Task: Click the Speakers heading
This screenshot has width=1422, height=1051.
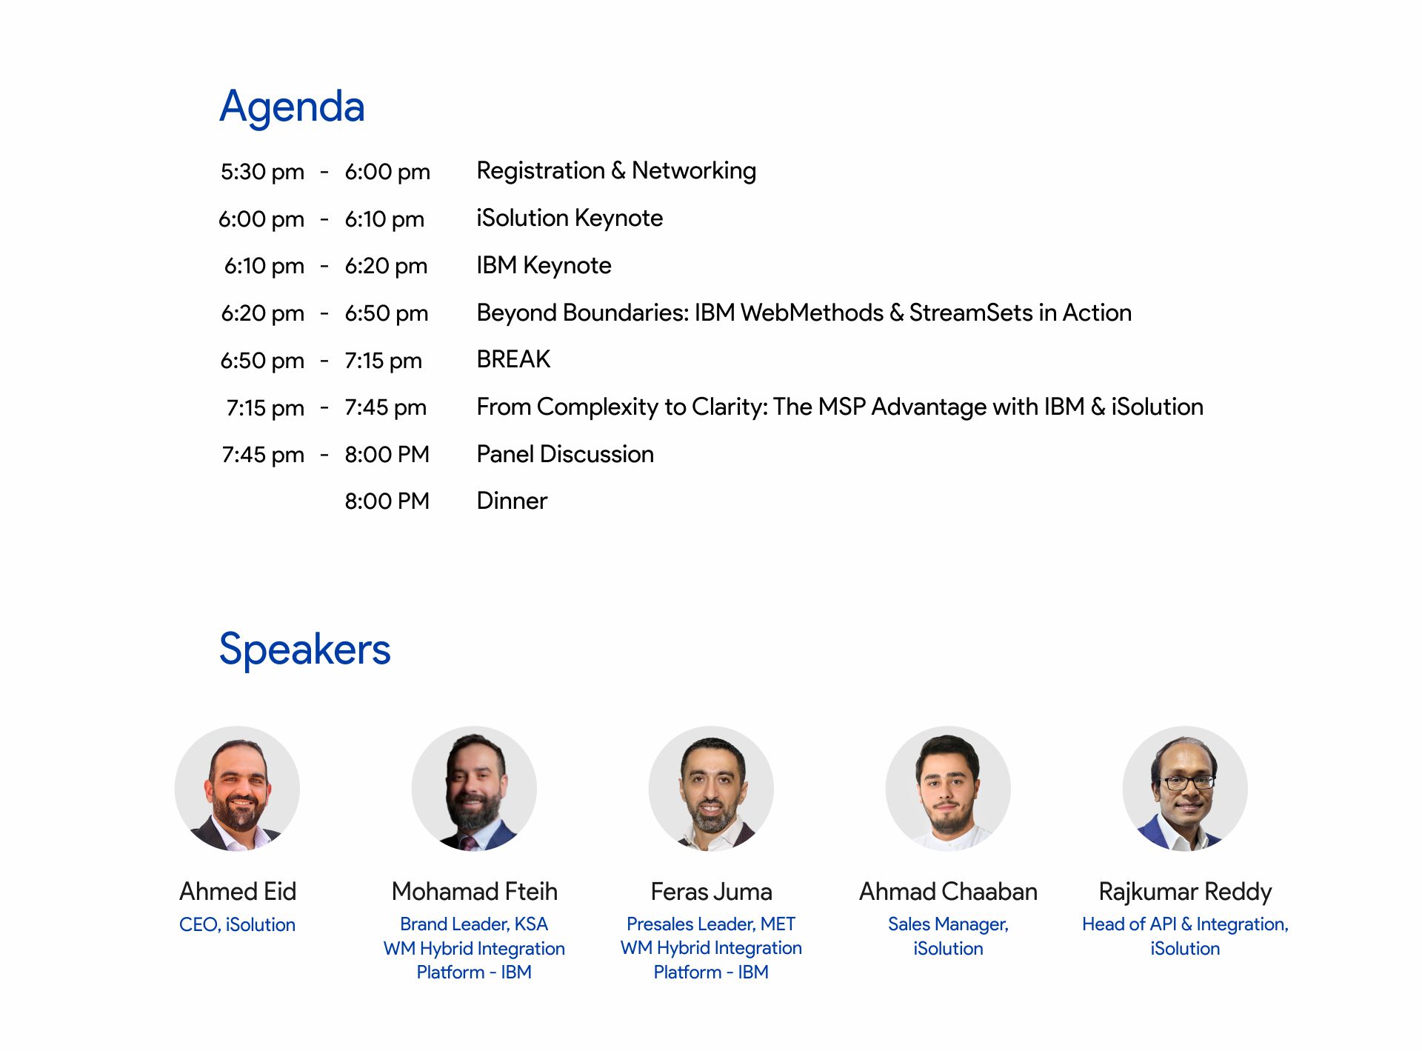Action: pos(304,650)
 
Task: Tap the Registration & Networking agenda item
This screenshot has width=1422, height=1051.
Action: pos(616,171)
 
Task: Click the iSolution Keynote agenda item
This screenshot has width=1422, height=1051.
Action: pos(570,218)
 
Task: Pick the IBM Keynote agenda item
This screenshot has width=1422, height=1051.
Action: pos(544,265)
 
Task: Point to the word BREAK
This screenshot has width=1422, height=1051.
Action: pos(513,359)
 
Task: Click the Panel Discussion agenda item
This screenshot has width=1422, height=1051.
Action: pos(565,454)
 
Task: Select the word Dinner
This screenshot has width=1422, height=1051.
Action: pos(512,501)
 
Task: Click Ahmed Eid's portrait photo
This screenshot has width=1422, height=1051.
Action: pos(237,788)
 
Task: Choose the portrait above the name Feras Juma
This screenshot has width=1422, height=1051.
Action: pos(711,788)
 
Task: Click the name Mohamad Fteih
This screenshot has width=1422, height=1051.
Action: pos(474,892)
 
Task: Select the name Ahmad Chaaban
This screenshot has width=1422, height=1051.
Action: pos(948,892)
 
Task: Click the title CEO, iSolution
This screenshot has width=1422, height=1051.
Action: pos(237,925)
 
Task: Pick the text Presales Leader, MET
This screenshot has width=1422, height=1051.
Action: pos(711,924)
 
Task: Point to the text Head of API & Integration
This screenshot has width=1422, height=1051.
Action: pos(1185,924)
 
